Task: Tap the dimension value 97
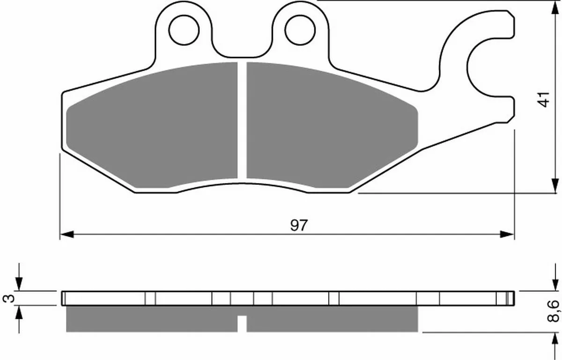(299, 225)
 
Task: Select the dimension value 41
(544, 100)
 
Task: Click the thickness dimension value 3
(8, 299)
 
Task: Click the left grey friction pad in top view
(152, 125)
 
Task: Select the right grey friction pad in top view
(332, 125)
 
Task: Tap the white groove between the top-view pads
(242, 120)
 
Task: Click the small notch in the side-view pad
(242, 323)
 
